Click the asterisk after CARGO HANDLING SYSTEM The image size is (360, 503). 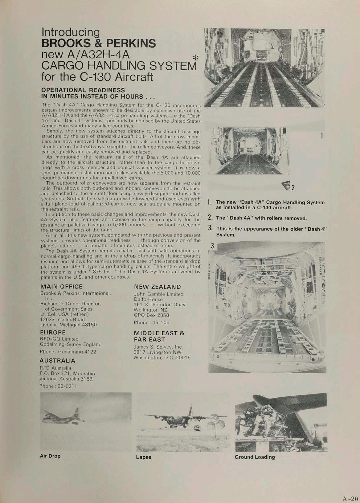click(x=195, y=58)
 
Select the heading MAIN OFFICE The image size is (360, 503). click(x=62, y=286)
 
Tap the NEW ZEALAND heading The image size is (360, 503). click(x=157, y=287)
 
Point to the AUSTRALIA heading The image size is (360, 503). click(x=57, y=360)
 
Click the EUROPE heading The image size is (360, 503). click(x=53, y=332)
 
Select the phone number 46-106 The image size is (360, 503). click(x=158, y=322)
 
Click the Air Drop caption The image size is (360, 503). click(x=50, y=456)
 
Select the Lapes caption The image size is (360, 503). click(x=144, y=457)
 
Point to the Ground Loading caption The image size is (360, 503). click(x=255, y=457)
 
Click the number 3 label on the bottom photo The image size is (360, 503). click(x=212, y=246)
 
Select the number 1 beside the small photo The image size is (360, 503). click(x=321, y=136)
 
